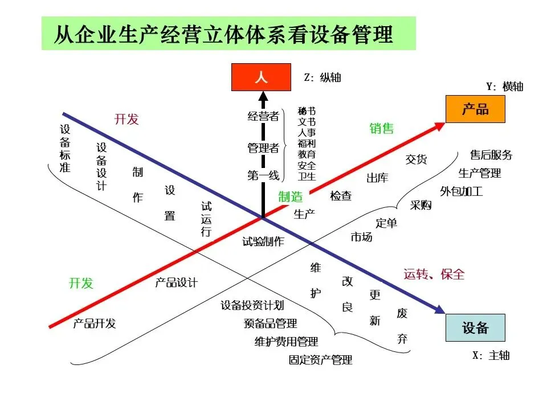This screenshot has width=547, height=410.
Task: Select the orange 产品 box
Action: pyautogui.click(x=475, y=109)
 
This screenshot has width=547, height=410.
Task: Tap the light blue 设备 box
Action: pyautogui.click(x=475, y=327)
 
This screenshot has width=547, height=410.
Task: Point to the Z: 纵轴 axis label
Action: pyautogui.click(x=323, y=77)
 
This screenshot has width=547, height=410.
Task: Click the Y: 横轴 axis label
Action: pyautogui.click(x=504, y=87)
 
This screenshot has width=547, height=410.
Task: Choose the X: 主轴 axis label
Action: pyautogui.click(x=491, y=355)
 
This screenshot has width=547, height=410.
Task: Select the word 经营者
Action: pyautogui.click(x=263, y=117)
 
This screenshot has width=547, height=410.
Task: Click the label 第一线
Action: pyautogui.click(x=263, y=176)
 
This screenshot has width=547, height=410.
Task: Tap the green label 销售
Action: pyautogui.click(x=382, y=129)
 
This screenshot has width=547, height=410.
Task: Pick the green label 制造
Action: pyautogui.click(x=291, y=197)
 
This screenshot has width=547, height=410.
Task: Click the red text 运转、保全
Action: pyautogui.click(x=434, y=274)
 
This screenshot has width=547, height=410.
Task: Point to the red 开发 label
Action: pyautogui.click(x=126, y=119)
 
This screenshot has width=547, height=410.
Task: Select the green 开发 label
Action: pyautogui.click(x=81, y=283)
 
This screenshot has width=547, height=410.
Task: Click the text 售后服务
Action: pyautogui.click(x=491, y=155)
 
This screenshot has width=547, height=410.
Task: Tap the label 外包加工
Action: pyautogui.click(x=462, y=191)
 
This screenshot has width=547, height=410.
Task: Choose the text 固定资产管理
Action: pyautogui.click(x=320, y=360)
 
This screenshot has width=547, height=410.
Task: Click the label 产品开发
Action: pyautogui.click(x=95, y=323)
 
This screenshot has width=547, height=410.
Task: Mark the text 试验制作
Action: pyautogui.click(x=263, y=241)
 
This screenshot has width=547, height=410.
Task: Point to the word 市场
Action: pyautogui.click(x=361, y=237)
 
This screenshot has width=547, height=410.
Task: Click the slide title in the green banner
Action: pyautogui.click(x=223, y=34)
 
